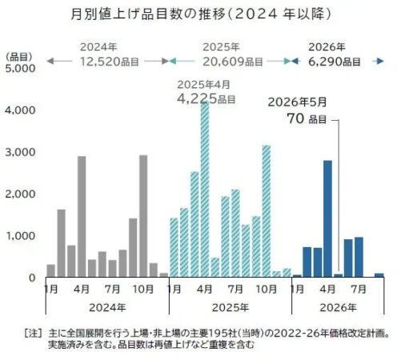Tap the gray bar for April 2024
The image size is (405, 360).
pos(82,217)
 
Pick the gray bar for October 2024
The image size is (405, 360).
pos(143,216)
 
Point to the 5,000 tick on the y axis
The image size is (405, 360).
pos(20,68)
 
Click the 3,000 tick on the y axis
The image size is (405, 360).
pos(20,152)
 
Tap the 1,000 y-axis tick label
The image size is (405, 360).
pos(20,236)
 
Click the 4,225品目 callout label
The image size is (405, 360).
pos(206,99)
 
